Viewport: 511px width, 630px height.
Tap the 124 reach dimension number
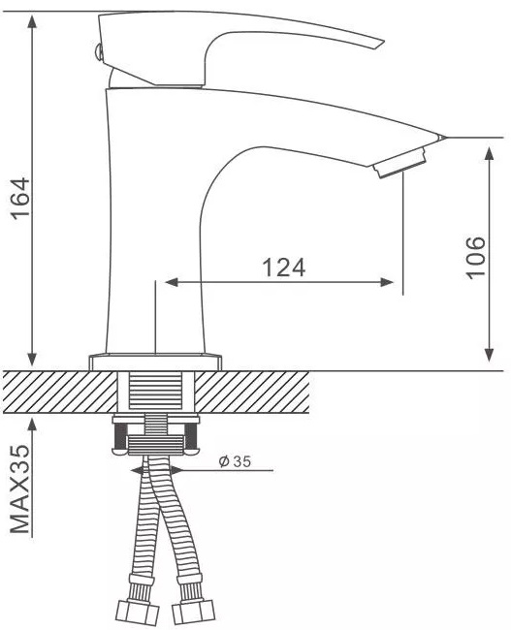284,268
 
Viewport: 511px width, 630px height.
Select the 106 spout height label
476,257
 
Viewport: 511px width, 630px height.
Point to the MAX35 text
19,488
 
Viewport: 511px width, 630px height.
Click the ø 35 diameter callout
235,461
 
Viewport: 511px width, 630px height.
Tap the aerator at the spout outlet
399,163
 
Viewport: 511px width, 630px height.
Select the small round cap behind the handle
98,52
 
